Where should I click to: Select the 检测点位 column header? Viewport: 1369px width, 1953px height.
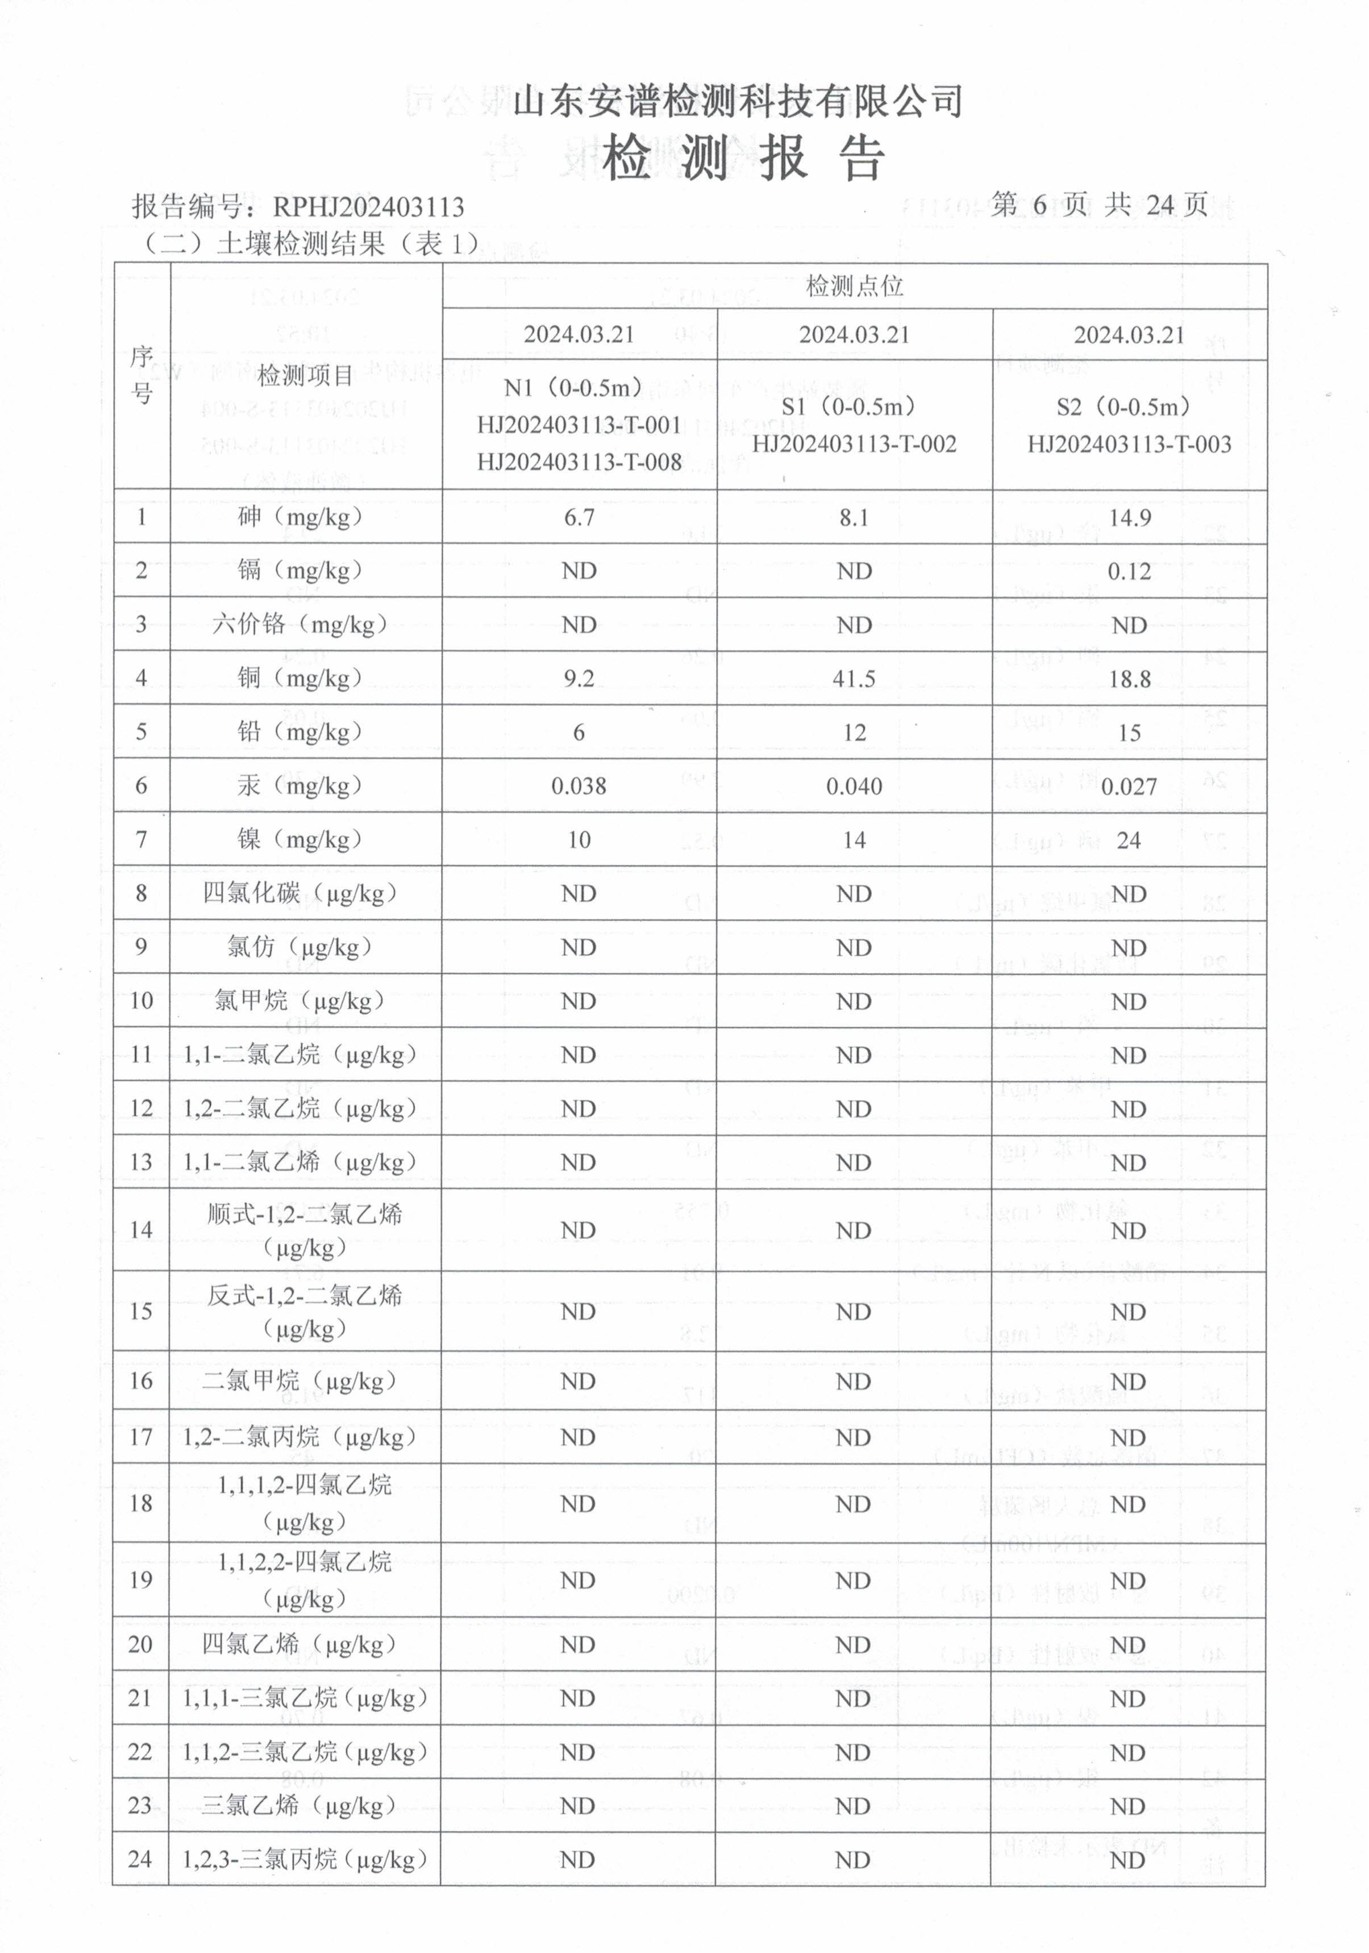tap(854, 287)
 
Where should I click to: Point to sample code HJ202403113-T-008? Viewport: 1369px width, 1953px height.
tap(579, 462)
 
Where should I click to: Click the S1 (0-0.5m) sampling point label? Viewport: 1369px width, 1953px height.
tap(854, 407)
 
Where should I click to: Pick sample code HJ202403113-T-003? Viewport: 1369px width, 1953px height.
tap(1129, 444)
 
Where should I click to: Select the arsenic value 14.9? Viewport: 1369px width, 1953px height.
tap(1129, 518)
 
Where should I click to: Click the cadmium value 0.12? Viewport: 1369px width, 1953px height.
tap(1129, 571)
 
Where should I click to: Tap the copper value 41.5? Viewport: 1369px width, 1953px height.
tap(854, 679)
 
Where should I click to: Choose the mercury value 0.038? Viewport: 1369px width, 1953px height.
tap(579, 786)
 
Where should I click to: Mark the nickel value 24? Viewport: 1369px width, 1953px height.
tap(1129, 840)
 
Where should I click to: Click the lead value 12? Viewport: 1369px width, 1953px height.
tap(854, 732)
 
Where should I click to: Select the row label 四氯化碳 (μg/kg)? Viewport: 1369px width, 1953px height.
tap(300, 893)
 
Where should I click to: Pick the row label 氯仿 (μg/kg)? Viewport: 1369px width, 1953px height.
tap(300, 947)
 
